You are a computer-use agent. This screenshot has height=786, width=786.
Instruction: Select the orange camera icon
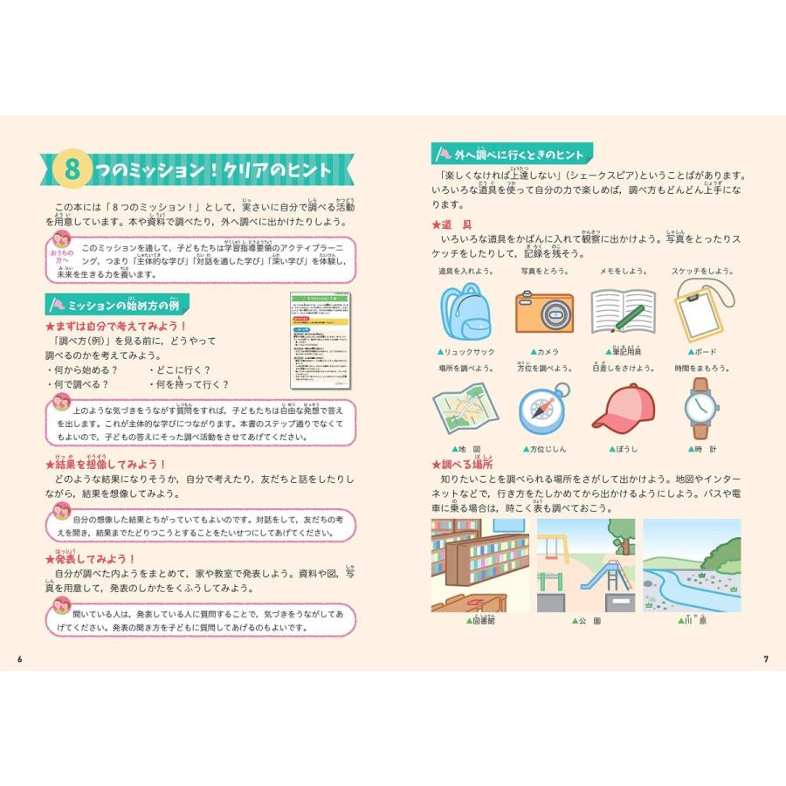coord(543,312)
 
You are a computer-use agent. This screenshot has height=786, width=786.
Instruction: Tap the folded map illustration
coord(464,410)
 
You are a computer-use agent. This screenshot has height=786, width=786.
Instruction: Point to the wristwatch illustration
coord(700,409)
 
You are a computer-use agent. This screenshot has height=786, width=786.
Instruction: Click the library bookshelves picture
coord(479,565)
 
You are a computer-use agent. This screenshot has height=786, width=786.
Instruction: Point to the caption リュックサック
coord(470,351)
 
